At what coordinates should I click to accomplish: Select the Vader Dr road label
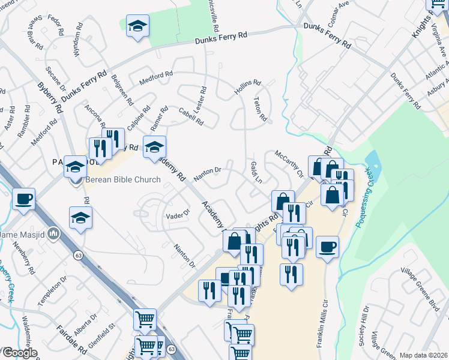tap(177, 214)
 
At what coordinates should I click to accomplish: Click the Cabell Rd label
tap(192, 117)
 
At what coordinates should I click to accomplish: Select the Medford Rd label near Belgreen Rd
tap(155, 78)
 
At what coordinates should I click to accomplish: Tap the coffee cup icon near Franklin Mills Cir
tap(327, 247)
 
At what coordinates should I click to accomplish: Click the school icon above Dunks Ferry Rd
tap(137, 26)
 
